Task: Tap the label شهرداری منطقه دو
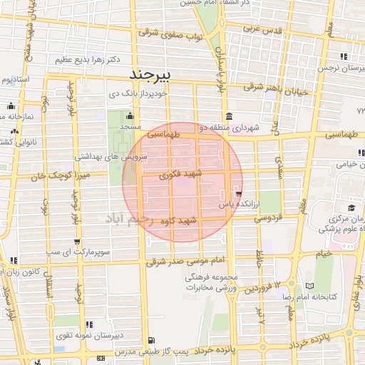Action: click(x=245, y=127)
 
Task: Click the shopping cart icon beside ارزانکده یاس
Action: click(x=237, y=193)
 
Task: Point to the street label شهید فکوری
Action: click(x=181, y=173)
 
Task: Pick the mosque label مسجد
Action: click(x=129, y=126)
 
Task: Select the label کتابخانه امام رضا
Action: click(x=334, y=294)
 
